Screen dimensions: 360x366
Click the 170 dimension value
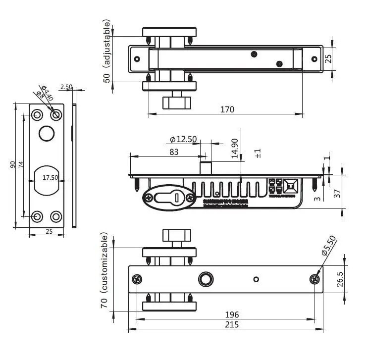pos(227,109)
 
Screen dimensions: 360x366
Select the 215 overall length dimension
pos(232,324)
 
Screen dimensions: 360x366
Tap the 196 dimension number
pos(232,314)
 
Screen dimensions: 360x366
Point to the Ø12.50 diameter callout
pos(183,139)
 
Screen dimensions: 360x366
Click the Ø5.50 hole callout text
pos(329,246)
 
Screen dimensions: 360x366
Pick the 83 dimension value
pos(174,152)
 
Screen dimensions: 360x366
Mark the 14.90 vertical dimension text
pos(235,148)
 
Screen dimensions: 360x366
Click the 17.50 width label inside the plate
pos(50,177)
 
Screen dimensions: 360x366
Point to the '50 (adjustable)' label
pos(106,51)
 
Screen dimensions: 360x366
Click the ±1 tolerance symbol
pos(258,153)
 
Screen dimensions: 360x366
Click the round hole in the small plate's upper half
pos(46,133)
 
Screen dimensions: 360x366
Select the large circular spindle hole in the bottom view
pos(205,279)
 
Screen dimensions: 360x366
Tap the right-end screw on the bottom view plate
pos(314,279)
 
